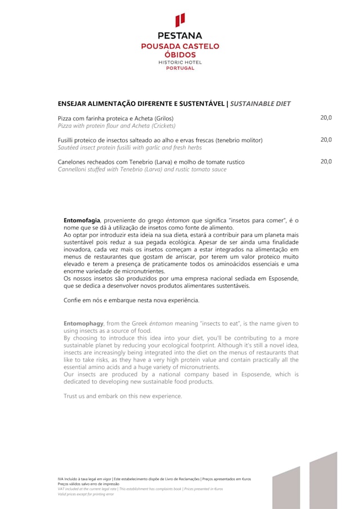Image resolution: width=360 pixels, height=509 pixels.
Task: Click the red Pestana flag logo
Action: [180, 20]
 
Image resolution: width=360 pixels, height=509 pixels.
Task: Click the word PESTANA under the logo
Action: [180, 36]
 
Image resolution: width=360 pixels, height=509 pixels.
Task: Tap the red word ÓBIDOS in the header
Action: [180, 55]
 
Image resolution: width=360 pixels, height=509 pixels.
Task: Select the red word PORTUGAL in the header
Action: [180, 68]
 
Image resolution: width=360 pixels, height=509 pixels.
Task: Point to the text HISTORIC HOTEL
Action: [180, 62]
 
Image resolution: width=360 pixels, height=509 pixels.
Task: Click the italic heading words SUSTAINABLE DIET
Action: [260, 104]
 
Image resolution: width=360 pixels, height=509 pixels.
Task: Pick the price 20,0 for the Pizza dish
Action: [326, 118]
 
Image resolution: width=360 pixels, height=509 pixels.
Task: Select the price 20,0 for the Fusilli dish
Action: [326, 139]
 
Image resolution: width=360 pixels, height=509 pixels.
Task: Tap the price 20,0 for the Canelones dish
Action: [326, 161]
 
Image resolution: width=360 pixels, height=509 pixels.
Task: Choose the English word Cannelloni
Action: [73, 169]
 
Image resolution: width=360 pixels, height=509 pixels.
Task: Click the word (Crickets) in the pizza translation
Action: [160, 125]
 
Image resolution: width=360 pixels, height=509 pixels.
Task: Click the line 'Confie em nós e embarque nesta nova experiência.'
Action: [132, 300]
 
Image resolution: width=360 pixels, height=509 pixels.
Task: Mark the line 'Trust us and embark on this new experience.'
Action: [123, 396]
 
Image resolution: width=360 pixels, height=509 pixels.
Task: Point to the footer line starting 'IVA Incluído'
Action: [154, 479]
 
